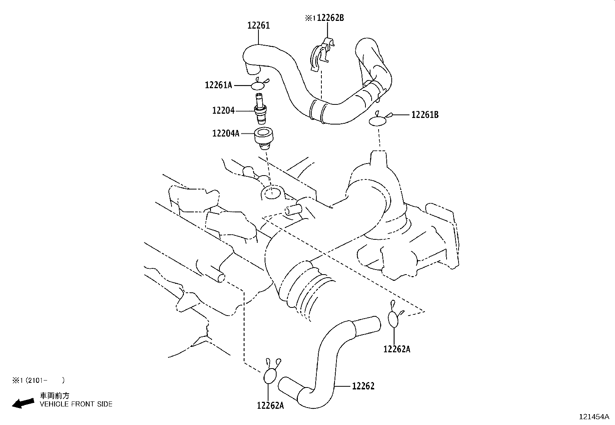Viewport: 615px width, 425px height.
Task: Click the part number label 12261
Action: (x=258, y=26)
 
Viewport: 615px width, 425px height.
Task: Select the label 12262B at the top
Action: (x=330, y=18)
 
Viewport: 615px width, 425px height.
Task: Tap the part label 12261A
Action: (x=218, y=85)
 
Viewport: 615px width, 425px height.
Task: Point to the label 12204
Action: (x=223, y=111)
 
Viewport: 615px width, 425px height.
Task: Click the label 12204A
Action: (x=226, y=133)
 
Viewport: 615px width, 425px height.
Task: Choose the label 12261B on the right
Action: (x=425, y=115)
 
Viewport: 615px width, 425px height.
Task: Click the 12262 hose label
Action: (x=363, y=386)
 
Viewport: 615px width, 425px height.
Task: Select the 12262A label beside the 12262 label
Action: (x=270, y=405)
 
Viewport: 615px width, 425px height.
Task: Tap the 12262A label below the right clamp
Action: (x=397, y=349)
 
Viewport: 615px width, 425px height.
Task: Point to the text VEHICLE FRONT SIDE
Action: (x=76, y=404)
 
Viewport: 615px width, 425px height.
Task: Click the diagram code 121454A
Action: (x=594, y=417)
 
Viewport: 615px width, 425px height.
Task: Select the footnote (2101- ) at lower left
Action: (x=38, y=381)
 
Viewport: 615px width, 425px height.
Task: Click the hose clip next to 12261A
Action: (x=260, y=85)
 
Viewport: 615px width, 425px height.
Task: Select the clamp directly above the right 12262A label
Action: (x=394, y=319)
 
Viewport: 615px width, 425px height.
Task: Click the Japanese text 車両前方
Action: (x=55, y=396)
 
